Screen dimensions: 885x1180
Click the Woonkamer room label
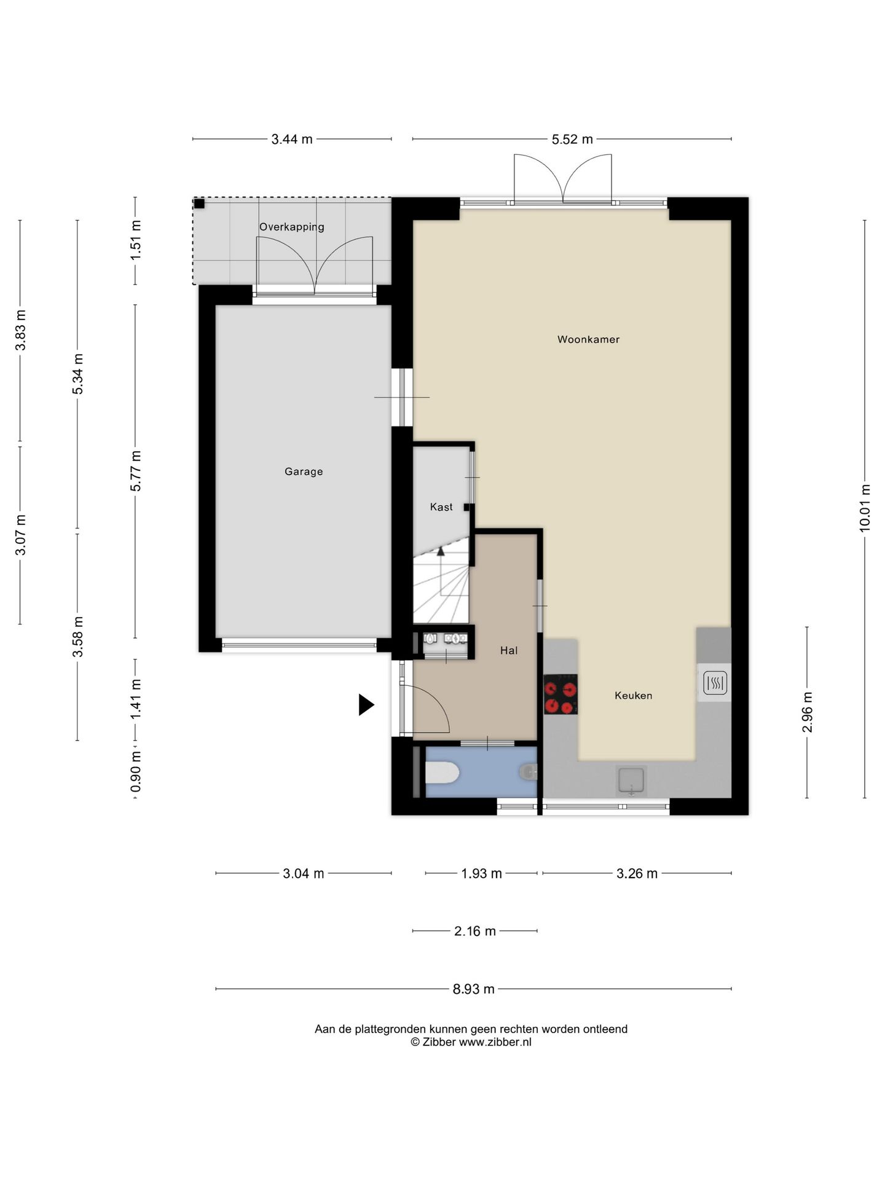588,339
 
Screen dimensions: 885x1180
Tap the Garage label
304,471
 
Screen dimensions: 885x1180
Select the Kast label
441,507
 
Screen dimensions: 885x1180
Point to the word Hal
509,650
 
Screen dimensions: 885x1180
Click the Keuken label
634,696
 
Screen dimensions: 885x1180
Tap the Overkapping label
292,227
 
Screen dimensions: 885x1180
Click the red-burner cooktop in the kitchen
560,694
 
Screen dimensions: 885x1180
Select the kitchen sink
631,781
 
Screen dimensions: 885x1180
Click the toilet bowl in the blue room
442,773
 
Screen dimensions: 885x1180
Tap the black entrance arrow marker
366,705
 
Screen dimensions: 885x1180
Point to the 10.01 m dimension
865,508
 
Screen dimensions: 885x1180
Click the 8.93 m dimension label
474,989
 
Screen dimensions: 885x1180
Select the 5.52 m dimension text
572,140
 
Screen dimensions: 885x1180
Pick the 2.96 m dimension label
808,712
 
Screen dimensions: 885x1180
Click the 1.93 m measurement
482,873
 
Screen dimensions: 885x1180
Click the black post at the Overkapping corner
199,203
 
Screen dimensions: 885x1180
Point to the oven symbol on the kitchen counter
715,682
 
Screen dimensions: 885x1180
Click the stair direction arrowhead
441,551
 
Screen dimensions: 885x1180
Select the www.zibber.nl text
495,1042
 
